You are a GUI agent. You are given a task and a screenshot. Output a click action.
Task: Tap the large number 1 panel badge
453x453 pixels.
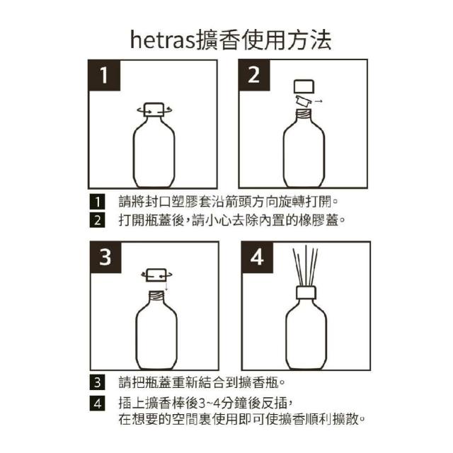104,76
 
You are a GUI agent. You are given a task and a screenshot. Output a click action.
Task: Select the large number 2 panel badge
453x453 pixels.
254,75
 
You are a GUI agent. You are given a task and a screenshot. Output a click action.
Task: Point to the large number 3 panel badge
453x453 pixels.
105,257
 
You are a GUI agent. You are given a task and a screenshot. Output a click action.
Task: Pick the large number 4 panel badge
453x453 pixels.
257,257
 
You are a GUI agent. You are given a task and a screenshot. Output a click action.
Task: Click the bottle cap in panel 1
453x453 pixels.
154,110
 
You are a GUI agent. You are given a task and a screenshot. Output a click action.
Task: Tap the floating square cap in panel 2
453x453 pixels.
304,86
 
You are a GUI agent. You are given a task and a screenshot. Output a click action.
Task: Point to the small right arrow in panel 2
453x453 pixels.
319,101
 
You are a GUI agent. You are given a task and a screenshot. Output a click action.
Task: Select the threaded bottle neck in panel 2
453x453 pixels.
304,114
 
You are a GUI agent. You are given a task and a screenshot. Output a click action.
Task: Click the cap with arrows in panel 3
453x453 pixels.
156,275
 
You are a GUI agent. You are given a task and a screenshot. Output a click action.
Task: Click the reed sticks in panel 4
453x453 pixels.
305,266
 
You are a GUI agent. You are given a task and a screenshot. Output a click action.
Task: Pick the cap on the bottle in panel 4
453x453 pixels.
306,292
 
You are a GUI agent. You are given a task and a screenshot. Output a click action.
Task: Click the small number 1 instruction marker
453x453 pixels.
98,202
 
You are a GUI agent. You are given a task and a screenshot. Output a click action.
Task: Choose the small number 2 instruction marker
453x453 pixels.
98,220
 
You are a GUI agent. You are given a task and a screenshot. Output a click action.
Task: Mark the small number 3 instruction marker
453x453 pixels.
98,382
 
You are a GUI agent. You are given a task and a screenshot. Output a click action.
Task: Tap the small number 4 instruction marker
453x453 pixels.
98,403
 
